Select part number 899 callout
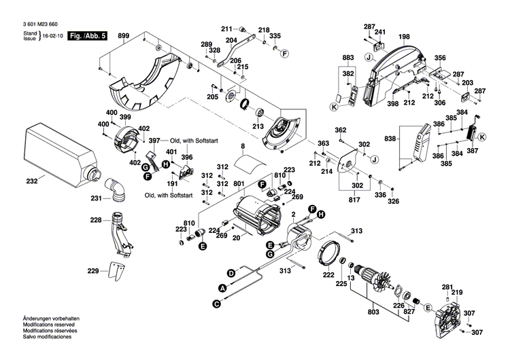pos(124,35)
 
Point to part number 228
pos(97,220)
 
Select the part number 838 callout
pos(390,139)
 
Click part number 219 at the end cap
pos(457,292)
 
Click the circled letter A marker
pos(222,287)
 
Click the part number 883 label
pos(348,58)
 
